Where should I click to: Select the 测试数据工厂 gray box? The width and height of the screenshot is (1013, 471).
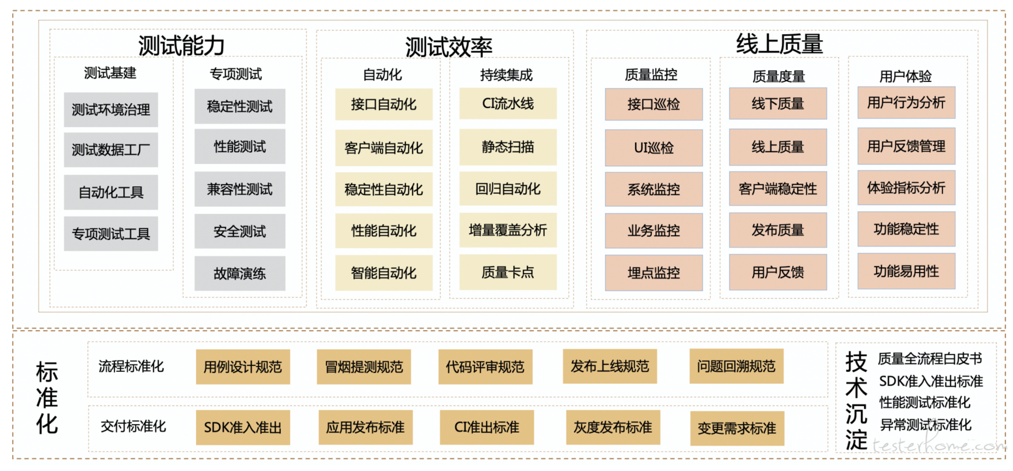[111, 149]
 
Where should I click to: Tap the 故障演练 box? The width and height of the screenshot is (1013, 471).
[240, 273]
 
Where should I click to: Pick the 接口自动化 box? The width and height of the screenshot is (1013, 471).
[384, 104]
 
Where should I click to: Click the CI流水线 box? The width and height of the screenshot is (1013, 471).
[508, 103]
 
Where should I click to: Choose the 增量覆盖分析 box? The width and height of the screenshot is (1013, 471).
[508, 230]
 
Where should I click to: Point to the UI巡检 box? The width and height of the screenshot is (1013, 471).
[654, 148]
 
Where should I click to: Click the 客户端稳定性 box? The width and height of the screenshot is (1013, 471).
[777, 189]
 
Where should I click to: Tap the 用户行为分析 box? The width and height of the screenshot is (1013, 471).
[906, 103]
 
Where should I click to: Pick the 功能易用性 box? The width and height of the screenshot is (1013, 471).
[906, 271]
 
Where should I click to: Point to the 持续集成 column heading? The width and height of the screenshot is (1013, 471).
[506, 75]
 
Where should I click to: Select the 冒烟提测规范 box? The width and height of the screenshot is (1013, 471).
[364, 367]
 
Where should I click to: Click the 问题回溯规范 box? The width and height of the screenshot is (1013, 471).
[736, 366]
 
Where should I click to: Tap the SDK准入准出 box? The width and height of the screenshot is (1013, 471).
[243, 427]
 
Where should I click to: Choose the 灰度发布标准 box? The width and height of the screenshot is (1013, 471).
[613, 427]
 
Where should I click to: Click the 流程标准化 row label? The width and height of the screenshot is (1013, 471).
[131, 366]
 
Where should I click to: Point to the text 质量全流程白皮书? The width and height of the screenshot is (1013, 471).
[930, 358]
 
